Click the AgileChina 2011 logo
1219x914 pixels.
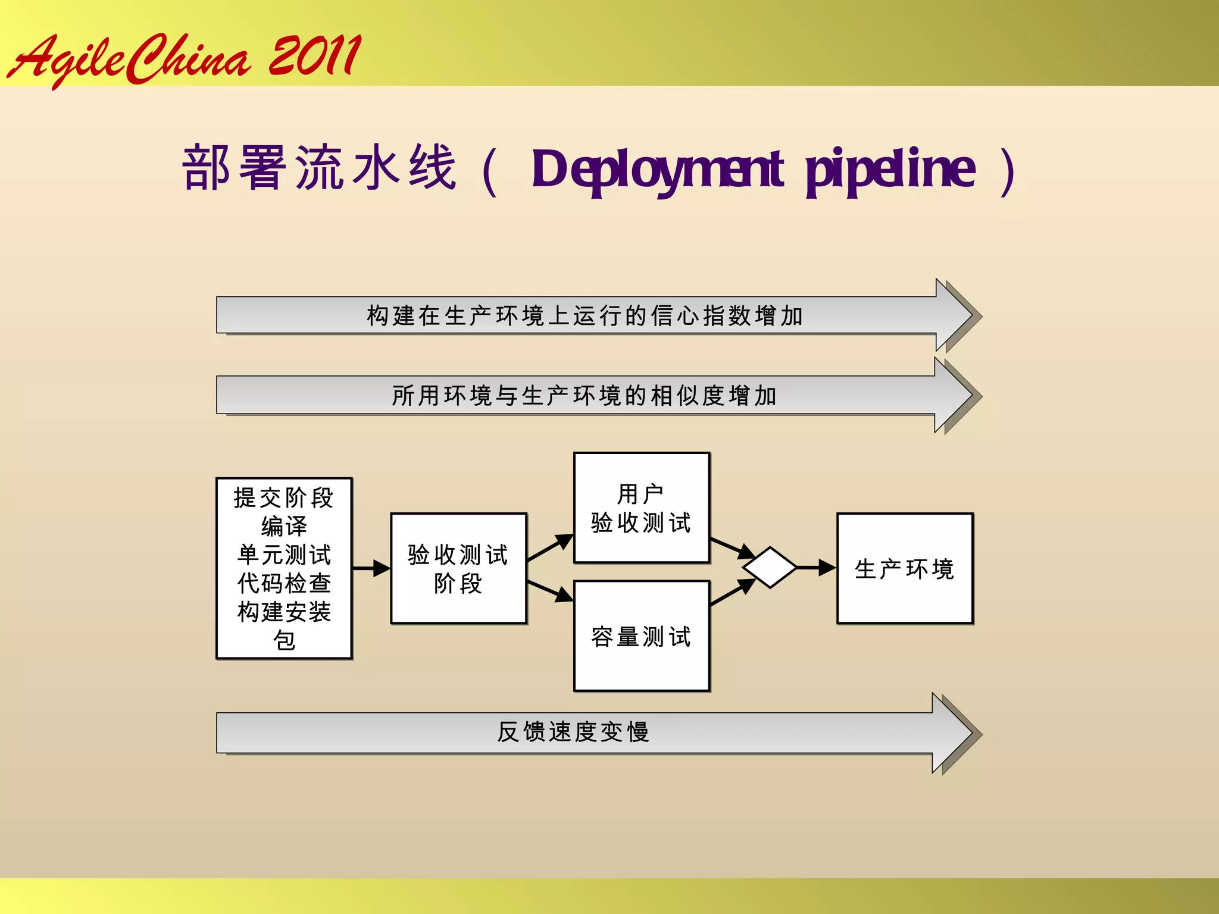point(185,58)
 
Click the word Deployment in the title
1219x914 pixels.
point(657,170)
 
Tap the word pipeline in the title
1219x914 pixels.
point(890,170)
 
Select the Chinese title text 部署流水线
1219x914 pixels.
point(319,168)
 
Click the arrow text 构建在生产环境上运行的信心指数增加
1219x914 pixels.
point(585,315)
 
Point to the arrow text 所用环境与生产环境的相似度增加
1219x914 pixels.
point(585,395)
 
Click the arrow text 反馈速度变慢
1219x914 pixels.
point(573,732)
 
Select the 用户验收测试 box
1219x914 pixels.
point(642,508)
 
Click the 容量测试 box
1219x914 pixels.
point(642,636)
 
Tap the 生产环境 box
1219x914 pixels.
point(905,568)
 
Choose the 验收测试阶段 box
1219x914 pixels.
point(458,568)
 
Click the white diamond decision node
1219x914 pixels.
point(770,568)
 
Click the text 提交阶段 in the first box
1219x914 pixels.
point(283,498)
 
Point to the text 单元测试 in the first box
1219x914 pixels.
point(283,555)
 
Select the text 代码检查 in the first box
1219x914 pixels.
point(283,583)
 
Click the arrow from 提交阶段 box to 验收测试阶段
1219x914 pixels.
point(371,568)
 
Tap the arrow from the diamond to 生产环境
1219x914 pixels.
point(816,568)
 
